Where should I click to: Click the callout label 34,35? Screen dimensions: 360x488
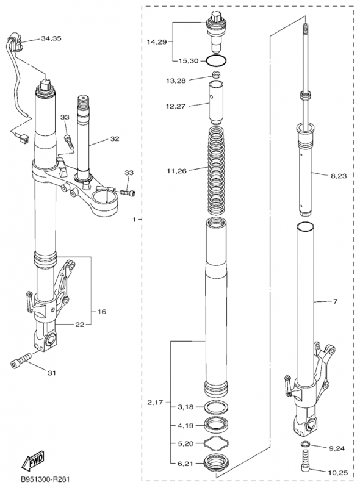(x=51, y=38)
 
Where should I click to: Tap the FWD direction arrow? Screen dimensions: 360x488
(x=32, y=461)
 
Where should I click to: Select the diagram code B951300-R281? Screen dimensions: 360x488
(x=45, y=479)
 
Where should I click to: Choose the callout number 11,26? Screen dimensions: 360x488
(x=176, y=171)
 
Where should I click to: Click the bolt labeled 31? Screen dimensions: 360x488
(x=21, y=360)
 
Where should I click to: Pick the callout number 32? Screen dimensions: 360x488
(x=115, y=138)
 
